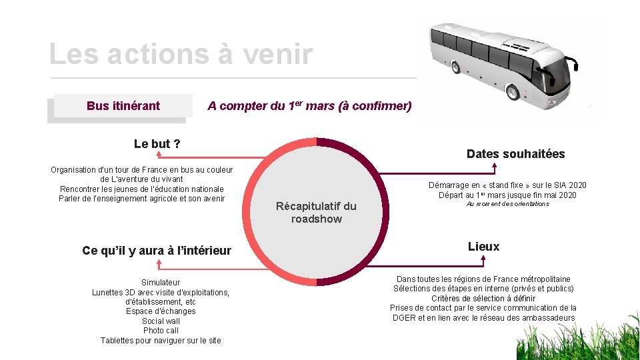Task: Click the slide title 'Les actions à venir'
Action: tap(181, 54)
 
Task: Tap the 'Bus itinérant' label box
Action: tap(123, 106)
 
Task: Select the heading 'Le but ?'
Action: tap(157, 143)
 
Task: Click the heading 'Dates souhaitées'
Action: tap(515, 154)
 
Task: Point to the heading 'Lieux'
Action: tap(483, 247)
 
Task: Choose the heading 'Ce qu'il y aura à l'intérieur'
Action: tap(157, 251)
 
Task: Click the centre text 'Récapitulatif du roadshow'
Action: tap(316, 213)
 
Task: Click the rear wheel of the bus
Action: tap(455, 67)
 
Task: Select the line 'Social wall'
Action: tap(161, 321)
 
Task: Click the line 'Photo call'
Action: tap(161, 331)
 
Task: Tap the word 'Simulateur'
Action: tap(161, 283)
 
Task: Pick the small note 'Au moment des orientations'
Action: tap(507, 204)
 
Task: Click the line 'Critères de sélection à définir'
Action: tap(483, 299)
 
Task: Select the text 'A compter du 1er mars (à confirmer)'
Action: tap(309, 106)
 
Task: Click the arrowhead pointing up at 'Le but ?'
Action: tap(158, 155)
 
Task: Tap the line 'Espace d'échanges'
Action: tap(161, 311)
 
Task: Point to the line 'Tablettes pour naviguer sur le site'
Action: tap(161, 341)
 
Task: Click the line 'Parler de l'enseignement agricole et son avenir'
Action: tap(141, 199)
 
